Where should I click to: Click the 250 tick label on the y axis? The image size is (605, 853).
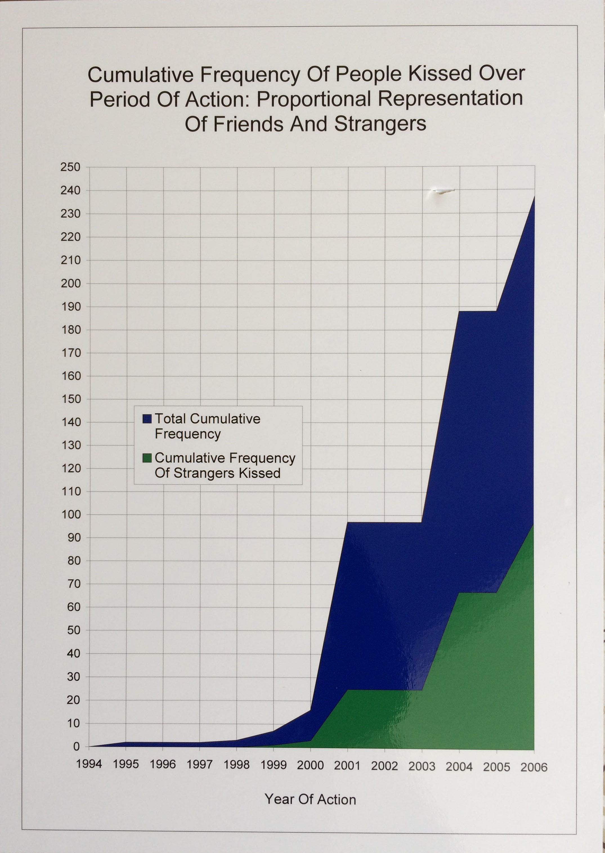pos(70,167)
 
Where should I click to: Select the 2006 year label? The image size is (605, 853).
pos(534,767)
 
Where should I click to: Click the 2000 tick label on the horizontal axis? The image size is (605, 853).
pos(310,765)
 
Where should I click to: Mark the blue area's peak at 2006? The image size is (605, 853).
pos(534,196)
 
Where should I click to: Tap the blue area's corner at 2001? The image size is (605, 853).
pos(347,523)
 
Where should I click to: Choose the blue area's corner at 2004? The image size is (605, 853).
pos(459,311)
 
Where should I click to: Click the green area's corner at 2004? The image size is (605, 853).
pos(459,593)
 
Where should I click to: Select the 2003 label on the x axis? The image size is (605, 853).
pos(422,766)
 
